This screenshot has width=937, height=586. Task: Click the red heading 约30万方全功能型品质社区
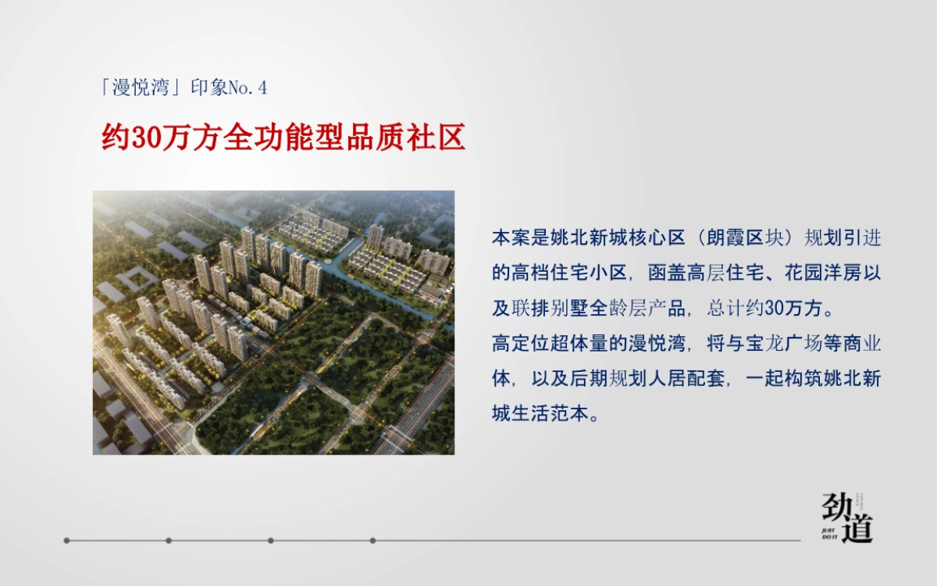(x=283, y=137)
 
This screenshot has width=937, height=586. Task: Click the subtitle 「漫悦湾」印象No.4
(x=184, y=88)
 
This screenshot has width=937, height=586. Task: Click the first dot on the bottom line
(x=67, y=540)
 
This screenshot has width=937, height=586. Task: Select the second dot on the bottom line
(x=169, y=540)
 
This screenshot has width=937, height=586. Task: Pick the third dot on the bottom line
(x=270, y=540)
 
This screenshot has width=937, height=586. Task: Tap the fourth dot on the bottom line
(x=372, y=540)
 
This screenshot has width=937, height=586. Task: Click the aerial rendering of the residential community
(x=273, y=323)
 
